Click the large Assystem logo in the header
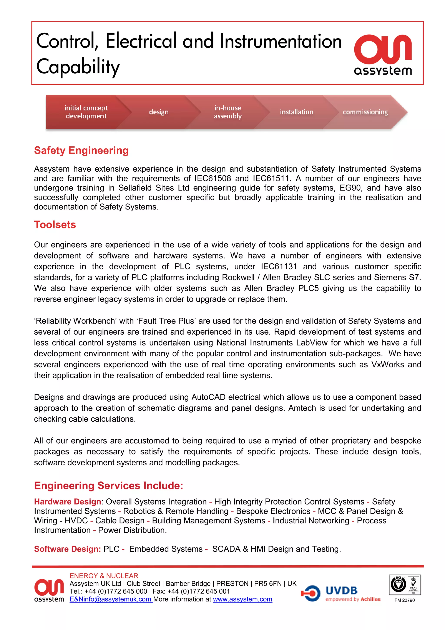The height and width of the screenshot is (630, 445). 383,54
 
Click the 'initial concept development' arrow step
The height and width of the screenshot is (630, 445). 86,112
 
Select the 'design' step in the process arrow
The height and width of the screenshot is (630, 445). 159,112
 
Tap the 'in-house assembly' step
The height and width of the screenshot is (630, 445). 227,112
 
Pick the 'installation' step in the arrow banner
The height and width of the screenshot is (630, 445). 296,112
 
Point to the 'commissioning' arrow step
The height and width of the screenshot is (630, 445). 365,112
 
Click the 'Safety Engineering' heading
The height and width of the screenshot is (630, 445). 81,150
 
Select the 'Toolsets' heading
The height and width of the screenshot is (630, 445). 55,225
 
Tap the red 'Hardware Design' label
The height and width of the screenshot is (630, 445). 67,502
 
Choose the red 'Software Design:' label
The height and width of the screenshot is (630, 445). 67,549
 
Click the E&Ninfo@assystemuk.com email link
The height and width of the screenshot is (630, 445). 110,599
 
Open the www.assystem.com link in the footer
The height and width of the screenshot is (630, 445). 242,599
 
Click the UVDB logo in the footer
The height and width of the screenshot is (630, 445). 341,593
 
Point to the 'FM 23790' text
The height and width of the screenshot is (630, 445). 404,600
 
